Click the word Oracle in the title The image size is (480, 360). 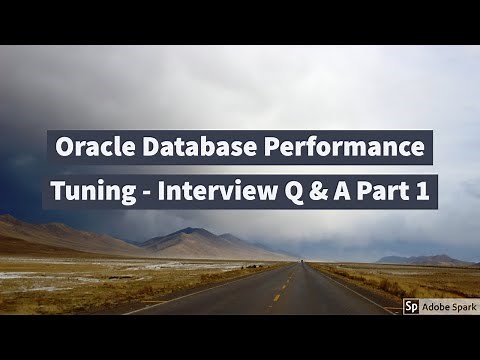click(x=87, y=149)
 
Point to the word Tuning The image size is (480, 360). click(x=91, y=191)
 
